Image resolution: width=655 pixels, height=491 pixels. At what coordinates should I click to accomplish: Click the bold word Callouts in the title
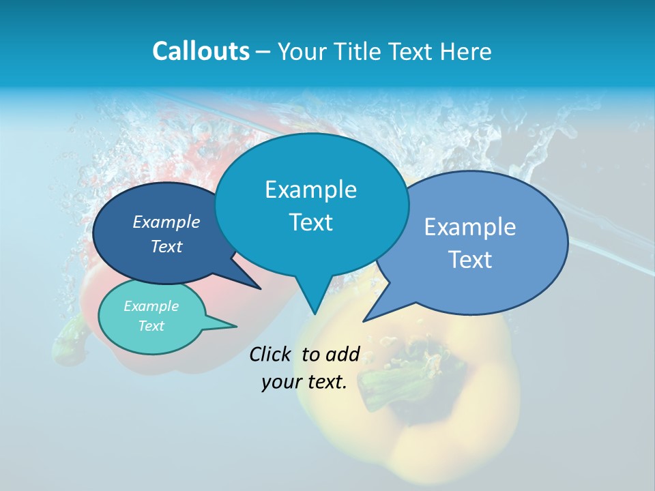click(x=201, y=51)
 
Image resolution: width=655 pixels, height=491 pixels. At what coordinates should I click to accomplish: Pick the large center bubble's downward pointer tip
click(x=315, y=314)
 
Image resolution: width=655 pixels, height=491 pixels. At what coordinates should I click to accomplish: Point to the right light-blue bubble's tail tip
click(x=364, y=320)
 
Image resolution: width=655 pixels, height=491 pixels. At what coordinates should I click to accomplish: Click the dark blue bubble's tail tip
click(x=259, y=288)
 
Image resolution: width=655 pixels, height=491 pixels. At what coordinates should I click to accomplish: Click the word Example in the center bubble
click(x=310, y=190)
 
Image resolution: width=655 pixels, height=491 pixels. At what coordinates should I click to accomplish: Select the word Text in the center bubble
click(x=310, y=222)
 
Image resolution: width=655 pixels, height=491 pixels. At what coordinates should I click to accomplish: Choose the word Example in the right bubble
click(x=470, y=226)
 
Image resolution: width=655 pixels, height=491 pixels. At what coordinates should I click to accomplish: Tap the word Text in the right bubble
click(x=470, y=259)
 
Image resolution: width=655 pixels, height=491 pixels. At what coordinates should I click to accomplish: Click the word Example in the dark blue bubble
click(x=166, y=222)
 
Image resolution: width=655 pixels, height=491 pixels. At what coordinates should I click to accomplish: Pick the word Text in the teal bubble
click(x=151, y=326)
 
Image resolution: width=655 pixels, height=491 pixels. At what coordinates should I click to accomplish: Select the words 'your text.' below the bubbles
click(x=304, y=382)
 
